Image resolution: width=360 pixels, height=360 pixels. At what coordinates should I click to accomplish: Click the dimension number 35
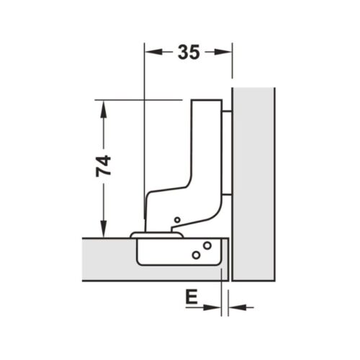189,52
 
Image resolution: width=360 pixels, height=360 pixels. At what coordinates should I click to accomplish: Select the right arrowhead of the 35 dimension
228,52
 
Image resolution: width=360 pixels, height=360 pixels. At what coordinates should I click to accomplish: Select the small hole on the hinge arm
176,219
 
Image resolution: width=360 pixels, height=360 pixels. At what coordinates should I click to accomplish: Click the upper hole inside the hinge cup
207,246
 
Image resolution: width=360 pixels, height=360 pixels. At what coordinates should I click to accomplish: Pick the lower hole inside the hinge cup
195,255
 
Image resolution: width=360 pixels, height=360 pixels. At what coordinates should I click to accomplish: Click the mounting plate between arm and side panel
228,151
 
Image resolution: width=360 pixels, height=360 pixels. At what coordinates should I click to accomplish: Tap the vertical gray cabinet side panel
253,180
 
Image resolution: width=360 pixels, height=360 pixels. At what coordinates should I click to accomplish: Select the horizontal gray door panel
108,259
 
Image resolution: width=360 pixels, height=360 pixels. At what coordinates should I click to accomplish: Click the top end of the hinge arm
207,104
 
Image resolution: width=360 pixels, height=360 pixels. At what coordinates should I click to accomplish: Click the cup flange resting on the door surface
156,234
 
